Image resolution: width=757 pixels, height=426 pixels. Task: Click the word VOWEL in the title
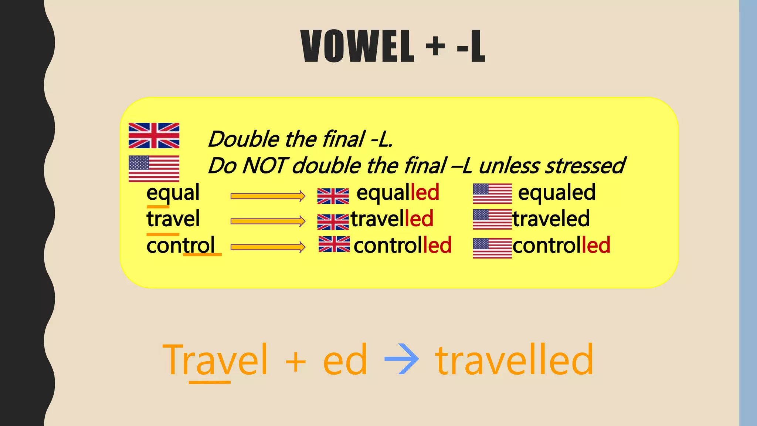click(x=357, y=47)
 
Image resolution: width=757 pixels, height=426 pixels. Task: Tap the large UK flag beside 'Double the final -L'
click(x=154, y=136)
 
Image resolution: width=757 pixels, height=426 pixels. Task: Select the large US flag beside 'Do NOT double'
click(x=154, y=169)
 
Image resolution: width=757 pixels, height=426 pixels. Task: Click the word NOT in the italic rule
click(x=265, y=165)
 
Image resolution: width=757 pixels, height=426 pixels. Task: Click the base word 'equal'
click(x=173, y=193)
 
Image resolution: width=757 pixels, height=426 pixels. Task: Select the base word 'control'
click(x=180, y=246)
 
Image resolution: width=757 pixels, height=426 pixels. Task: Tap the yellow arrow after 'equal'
click(x=268, y=196)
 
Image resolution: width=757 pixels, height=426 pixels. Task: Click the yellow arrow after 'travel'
click(x=268, y=222)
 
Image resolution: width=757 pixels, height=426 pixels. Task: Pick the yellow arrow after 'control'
click(x=268, y=247)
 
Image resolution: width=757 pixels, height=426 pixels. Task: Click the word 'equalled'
click(x=398, y=193)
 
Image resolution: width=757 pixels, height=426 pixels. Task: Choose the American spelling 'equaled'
click(x=557, y=193)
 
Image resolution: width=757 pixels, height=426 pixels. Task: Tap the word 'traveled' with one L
click(x=551, y=219)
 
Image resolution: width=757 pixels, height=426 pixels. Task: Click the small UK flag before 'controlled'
click(x=334, y=244)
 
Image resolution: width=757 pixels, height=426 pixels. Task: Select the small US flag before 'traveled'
click(x=492, y=219)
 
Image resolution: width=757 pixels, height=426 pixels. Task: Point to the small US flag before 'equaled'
click(x=492, y=194)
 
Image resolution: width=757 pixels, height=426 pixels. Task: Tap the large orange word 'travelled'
click(x=514, y=359)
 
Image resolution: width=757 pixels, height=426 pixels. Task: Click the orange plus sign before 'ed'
click(x=296, y=361)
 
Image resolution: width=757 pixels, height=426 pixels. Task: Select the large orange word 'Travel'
click(x=215, y=359)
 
